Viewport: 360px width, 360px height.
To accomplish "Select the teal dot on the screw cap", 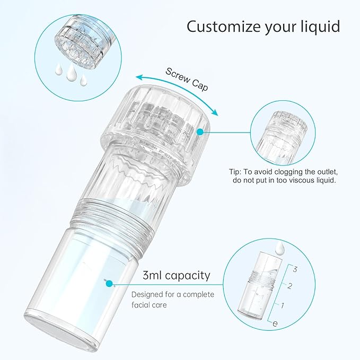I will (200, 131).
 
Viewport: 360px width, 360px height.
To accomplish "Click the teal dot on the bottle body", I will (110, 284).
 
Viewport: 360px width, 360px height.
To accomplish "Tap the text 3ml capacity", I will (177, 276).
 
